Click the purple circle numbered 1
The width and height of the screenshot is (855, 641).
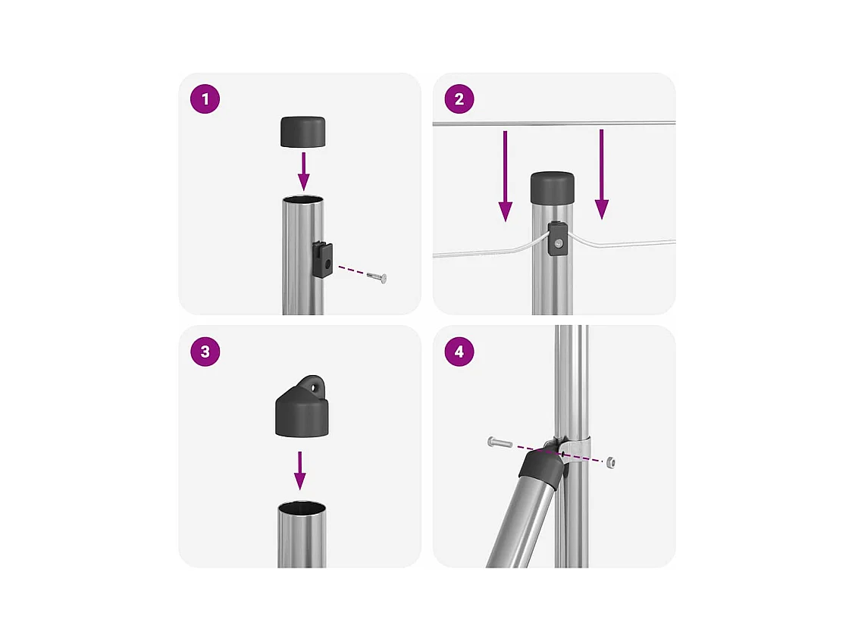[x=205, y=99]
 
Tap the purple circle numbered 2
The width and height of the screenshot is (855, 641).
[x=459, y=99]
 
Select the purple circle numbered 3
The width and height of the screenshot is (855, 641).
[x=205, y=352]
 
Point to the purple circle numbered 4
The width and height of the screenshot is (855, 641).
[x=459, y=352]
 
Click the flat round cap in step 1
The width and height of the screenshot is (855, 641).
[x=302, y=132]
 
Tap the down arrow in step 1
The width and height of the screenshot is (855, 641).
[x=304, y=171]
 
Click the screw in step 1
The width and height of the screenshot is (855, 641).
[x=377, y=277]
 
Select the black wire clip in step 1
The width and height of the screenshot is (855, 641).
[x=323, y=260]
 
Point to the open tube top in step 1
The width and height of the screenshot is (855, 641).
[x=302, y=200]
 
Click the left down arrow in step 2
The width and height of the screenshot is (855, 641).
[x=506, y=176]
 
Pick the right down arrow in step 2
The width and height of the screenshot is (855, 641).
[x=601, y=174]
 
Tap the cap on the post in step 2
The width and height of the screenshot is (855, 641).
[x=553, y=188]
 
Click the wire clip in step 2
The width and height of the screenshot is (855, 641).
[x=557, y=239]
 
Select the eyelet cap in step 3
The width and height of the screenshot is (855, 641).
[x=302, y=408]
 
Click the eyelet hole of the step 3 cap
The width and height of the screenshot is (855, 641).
[x=315, y=388]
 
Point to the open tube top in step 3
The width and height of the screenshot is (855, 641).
[x=302, y=508]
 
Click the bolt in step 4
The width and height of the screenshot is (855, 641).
[x=500, y=442]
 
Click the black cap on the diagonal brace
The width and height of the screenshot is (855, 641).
[x=540, y=467]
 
